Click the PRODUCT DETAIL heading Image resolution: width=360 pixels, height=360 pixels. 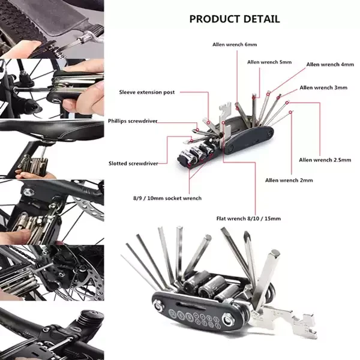tap(234, 19)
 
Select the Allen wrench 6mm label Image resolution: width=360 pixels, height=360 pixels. tap(235, 44)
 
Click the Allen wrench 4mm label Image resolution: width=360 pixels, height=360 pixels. tap(329, 65)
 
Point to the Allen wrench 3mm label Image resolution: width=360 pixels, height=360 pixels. tap(323, 88)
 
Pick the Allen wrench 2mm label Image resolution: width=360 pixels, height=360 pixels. tap(289, 179)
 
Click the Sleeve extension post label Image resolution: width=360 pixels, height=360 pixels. tap(147, 92)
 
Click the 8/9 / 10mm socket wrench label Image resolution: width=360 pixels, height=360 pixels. tap(167, 198)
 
